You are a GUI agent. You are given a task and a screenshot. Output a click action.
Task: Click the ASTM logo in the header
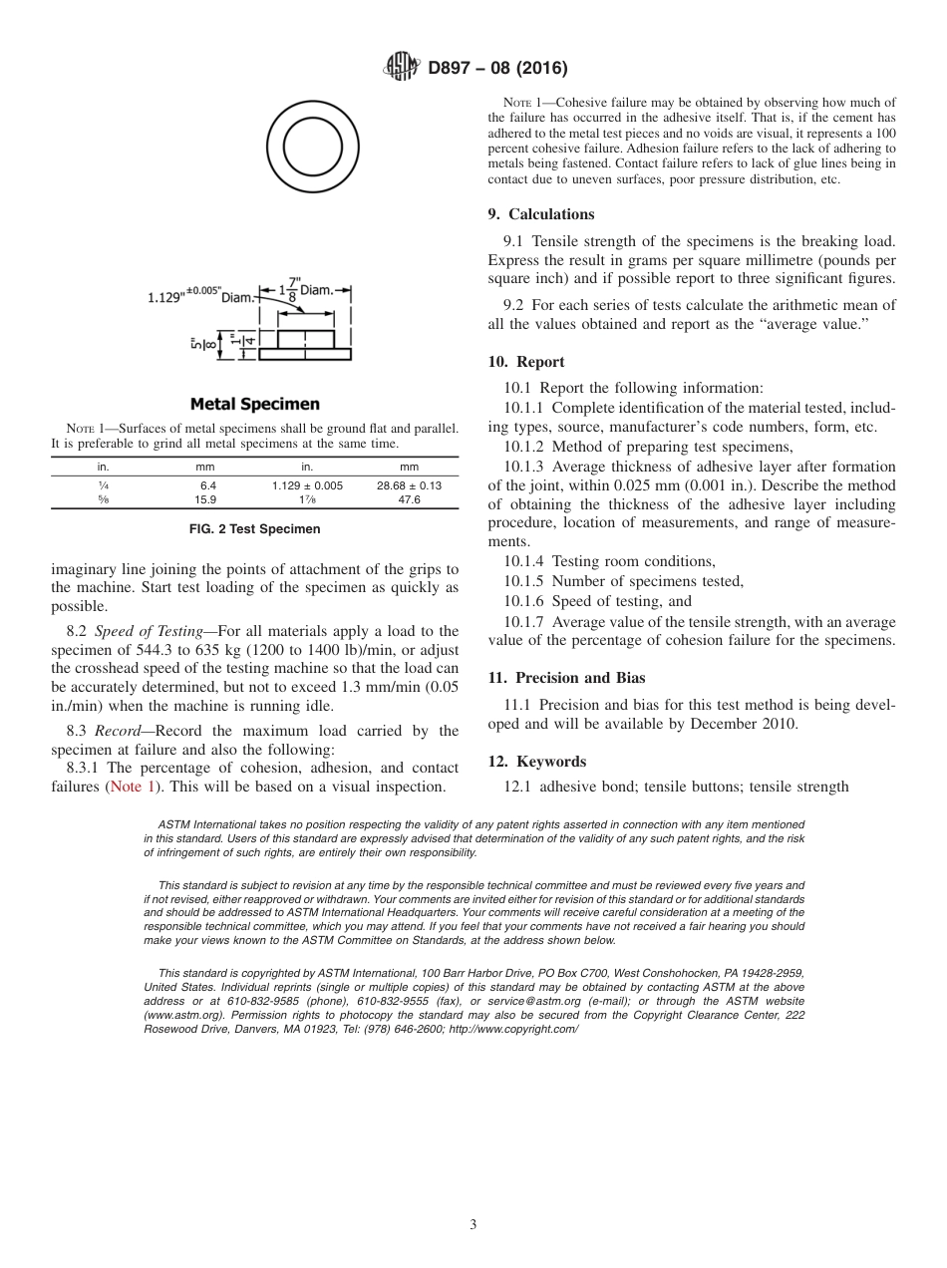(x=401, y=69)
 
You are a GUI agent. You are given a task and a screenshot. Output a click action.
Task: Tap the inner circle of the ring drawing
(x=313, y=148)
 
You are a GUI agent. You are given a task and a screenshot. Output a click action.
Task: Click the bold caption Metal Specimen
(x=255, y=404)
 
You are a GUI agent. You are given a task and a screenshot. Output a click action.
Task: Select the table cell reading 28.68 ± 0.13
(x=409, y=485)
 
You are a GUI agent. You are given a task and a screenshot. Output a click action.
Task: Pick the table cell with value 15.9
(x=205, y=499)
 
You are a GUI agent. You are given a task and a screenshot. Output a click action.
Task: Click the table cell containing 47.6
(x=409, y=499)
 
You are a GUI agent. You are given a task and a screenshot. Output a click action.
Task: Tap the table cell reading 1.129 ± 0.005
(x=307, y=485)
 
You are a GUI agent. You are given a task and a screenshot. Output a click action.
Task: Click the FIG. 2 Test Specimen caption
(x=255, y=529)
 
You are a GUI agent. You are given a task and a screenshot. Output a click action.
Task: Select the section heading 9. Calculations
(x=541, y=214)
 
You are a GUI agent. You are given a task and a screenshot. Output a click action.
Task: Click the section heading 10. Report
(x=526, y=362)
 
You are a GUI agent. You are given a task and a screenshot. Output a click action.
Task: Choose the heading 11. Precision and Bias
(x=566, y=678)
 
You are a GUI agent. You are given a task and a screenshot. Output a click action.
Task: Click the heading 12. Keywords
(x=536, y=762)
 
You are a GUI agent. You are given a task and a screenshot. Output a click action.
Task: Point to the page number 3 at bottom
(x=473, y=1224)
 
